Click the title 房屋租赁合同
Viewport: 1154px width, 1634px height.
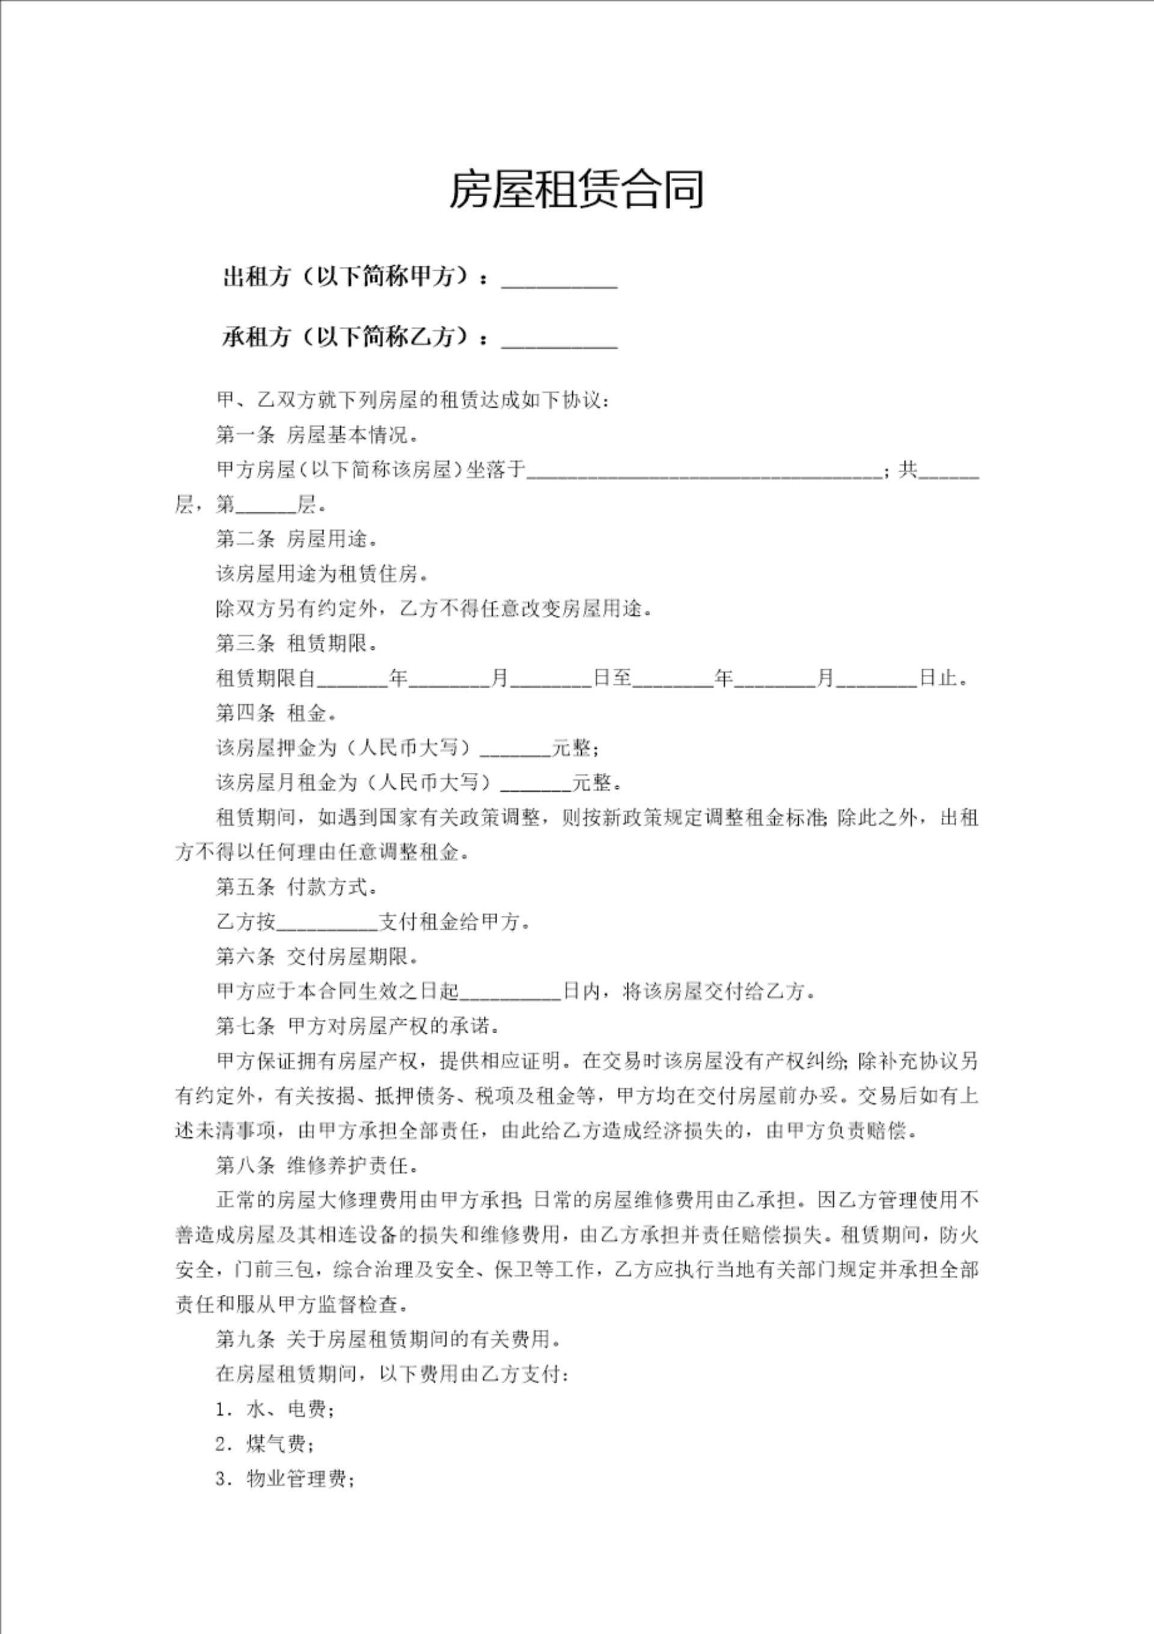pyautogui.click(x=576, y=190)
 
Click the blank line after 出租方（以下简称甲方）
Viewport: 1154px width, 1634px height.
pyautogui.click(x=559, y=279)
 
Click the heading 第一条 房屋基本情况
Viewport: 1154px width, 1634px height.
pyautogui.click(x=317, y=435)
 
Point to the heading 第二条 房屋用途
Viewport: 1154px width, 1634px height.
pyautogui.click(x=297, y=539)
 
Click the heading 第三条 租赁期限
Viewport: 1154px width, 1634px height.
pyautogui.click(x=297, y=644)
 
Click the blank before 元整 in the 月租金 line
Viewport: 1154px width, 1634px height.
pyautogui.click(x=537, y=784)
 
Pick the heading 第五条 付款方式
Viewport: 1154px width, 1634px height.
pyautogui.click(x=297, y=888)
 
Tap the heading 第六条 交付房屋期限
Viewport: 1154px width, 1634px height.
pyautogui.click(x=317, y=957)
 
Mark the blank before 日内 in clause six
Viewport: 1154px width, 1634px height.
pyautogui.click(x=511, y=992)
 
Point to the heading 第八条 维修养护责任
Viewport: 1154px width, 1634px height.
pyautogui.click(x=317, y=1166)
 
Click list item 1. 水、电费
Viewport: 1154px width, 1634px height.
pyautogui.click(x=275, y=1409)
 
